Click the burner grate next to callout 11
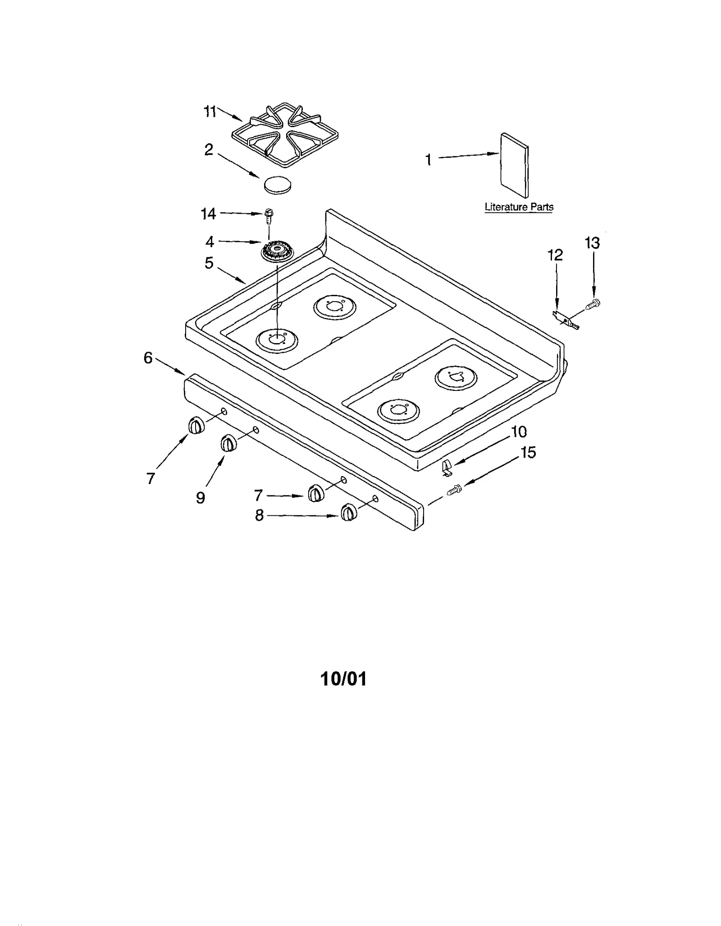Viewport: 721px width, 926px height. tap(285, 136)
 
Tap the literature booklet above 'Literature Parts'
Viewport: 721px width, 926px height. tap(514, 165)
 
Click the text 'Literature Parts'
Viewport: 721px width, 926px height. tap(519, 207)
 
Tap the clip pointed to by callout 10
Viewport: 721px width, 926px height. tap(446, 468)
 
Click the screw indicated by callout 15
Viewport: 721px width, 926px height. tap(455, 490)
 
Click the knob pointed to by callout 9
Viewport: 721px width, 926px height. tap(228, 444)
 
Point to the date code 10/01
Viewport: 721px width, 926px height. tap(343, 679)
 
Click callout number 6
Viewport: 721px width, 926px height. tap(148, 358)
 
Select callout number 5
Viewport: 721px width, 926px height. tap(209, 263)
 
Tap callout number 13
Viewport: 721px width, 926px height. tap(592, 243)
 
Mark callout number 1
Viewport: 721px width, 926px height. tap(428, 160)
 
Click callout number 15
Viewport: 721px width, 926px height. tap(528, 452)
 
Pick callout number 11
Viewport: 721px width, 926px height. tap(210, 111)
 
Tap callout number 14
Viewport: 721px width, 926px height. tap(208, 214)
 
